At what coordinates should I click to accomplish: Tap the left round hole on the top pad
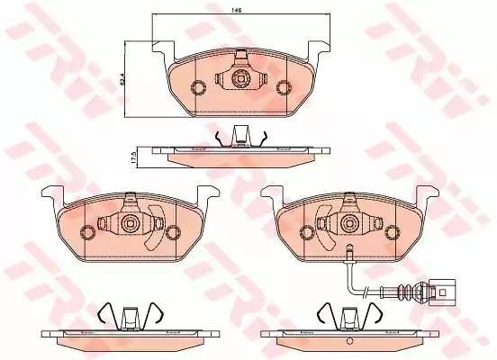click(x=199, y=87)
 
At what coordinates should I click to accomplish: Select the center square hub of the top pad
click(x=240, y=79)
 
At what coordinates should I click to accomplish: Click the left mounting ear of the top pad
click(x=161, y=48)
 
